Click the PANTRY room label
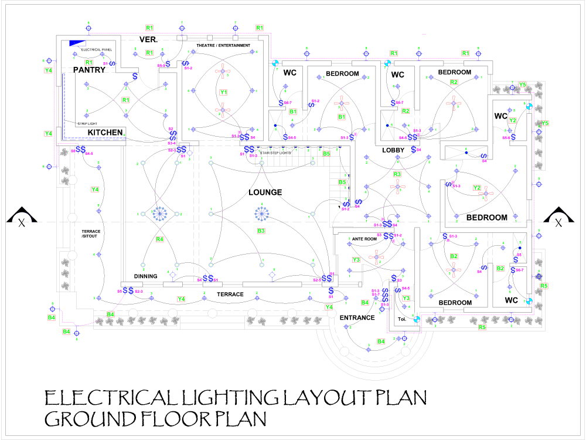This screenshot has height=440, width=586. (89, 70)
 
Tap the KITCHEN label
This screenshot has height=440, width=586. (105, 133)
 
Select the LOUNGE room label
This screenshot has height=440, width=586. (265, 192)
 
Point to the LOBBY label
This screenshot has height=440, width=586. (394, 150)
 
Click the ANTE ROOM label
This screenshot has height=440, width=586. (364, 239)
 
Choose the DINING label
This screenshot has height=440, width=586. (145, 276)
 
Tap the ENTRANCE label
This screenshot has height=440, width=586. (357, 317)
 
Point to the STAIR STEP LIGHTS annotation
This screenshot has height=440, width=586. (275, 153)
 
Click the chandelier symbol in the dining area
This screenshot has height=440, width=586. (158, 214)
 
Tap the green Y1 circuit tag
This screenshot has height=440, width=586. (223, 93)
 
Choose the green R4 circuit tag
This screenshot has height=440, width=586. (159, 239)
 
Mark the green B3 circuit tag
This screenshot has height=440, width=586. (261, 231)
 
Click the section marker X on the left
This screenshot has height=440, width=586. (22, 222)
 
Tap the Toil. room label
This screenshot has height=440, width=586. (402, 319)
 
